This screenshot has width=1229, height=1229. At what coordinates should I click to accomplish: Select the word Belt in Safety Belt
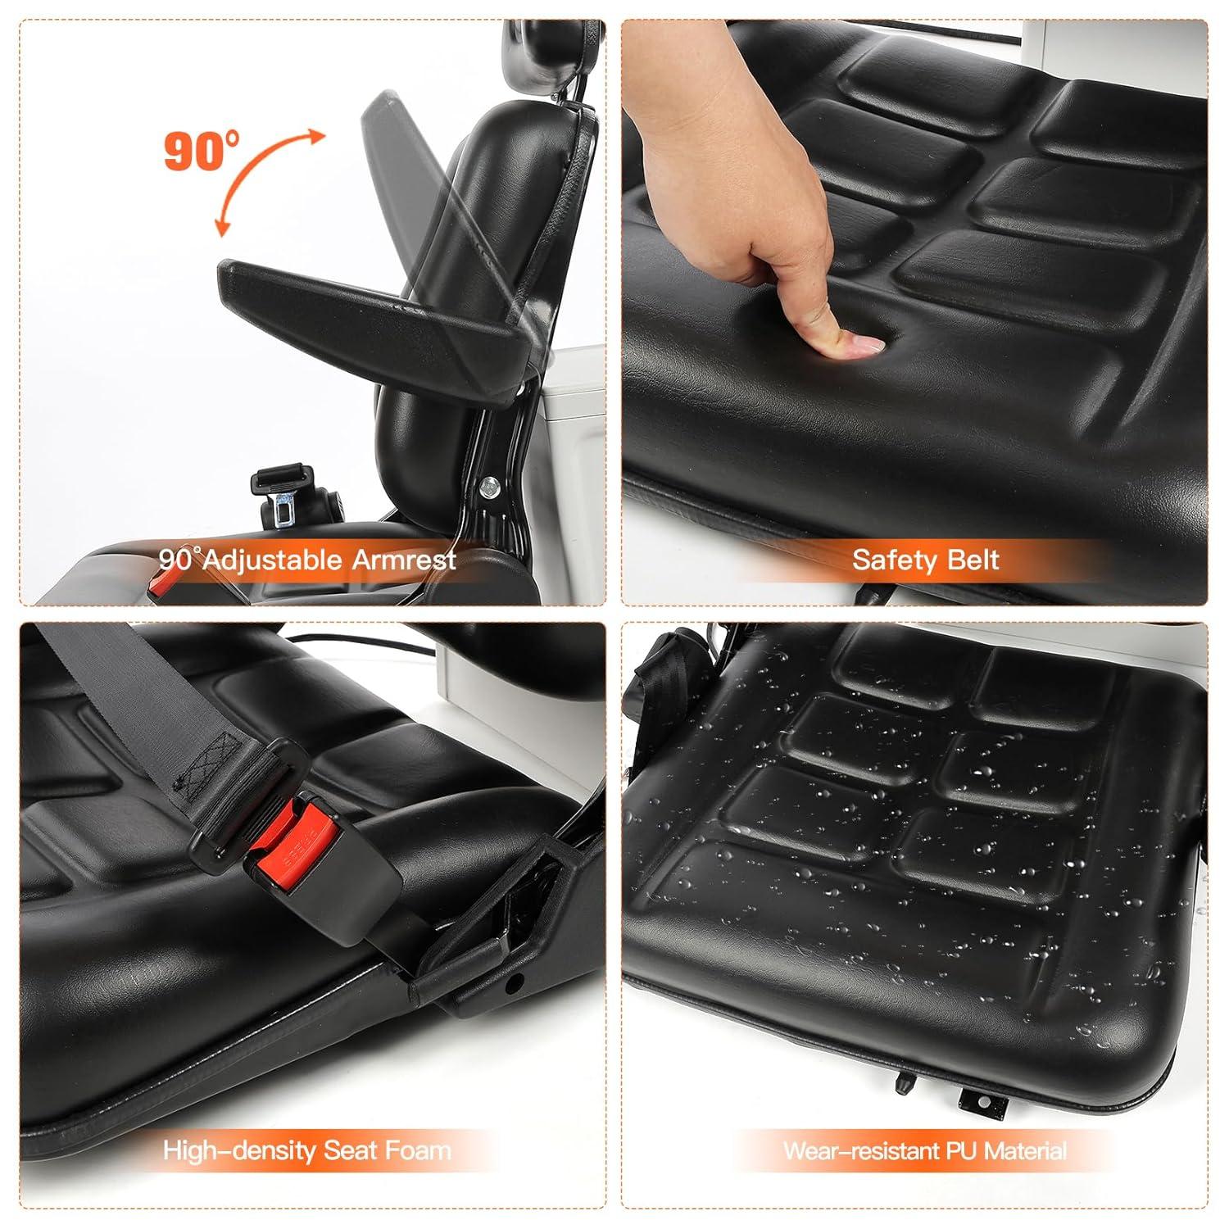[971, 560]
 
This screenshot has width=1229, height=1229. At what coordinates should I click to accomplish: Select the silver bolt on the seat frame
[488, 486]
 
